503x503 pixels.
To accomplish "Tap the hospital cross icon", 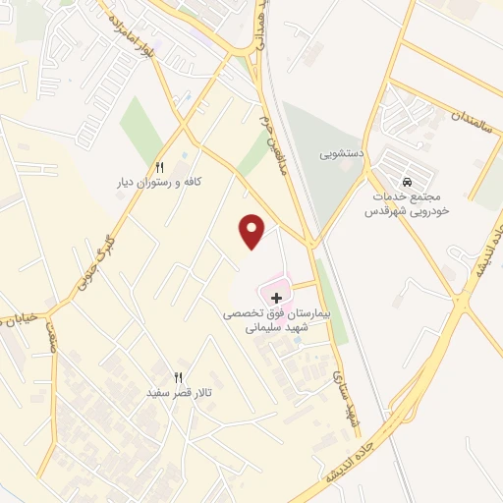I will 276,298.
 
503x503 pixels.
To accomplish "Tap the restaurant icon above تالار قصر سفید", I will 178,377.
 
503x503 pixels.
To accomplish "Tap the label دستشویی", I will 345,155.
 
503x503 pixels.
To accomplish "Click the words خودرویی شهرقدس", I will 406,211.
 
